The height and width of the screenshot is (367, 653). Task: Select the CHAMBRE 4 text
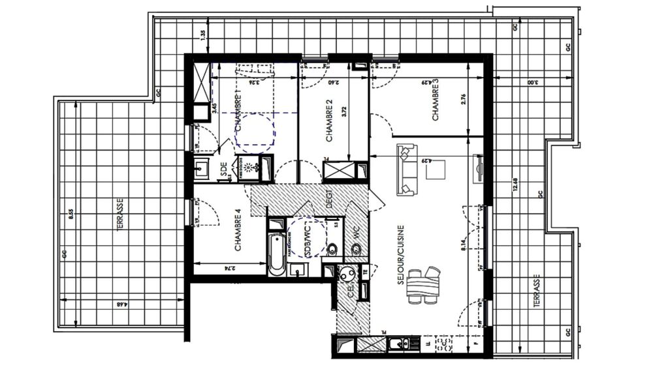(238, 230)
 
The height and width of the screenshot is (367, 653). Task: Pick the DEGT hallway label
(330, 199)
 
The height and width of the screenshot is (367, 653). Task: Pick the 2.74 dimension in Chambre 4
(228, 268)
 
